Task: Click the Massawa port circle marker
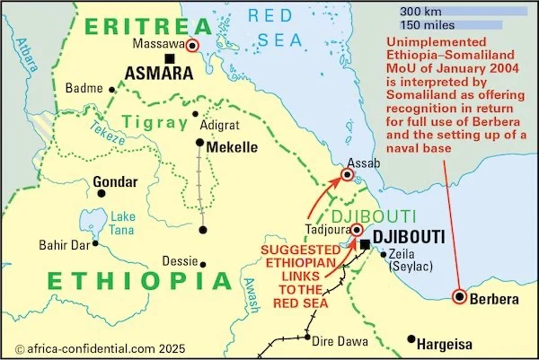(x=193, y=44)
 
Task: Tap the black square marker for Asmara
(x=169, y=60)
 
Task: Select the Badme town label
(x=85, y=89)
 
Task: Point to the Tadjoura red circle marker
(x=357, y=230)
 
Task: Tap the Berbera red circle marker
(x=461, y=297)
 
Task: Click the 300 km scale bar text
(x=420, y=11)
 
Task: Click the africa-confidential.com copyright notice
(x=86, y=346)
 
